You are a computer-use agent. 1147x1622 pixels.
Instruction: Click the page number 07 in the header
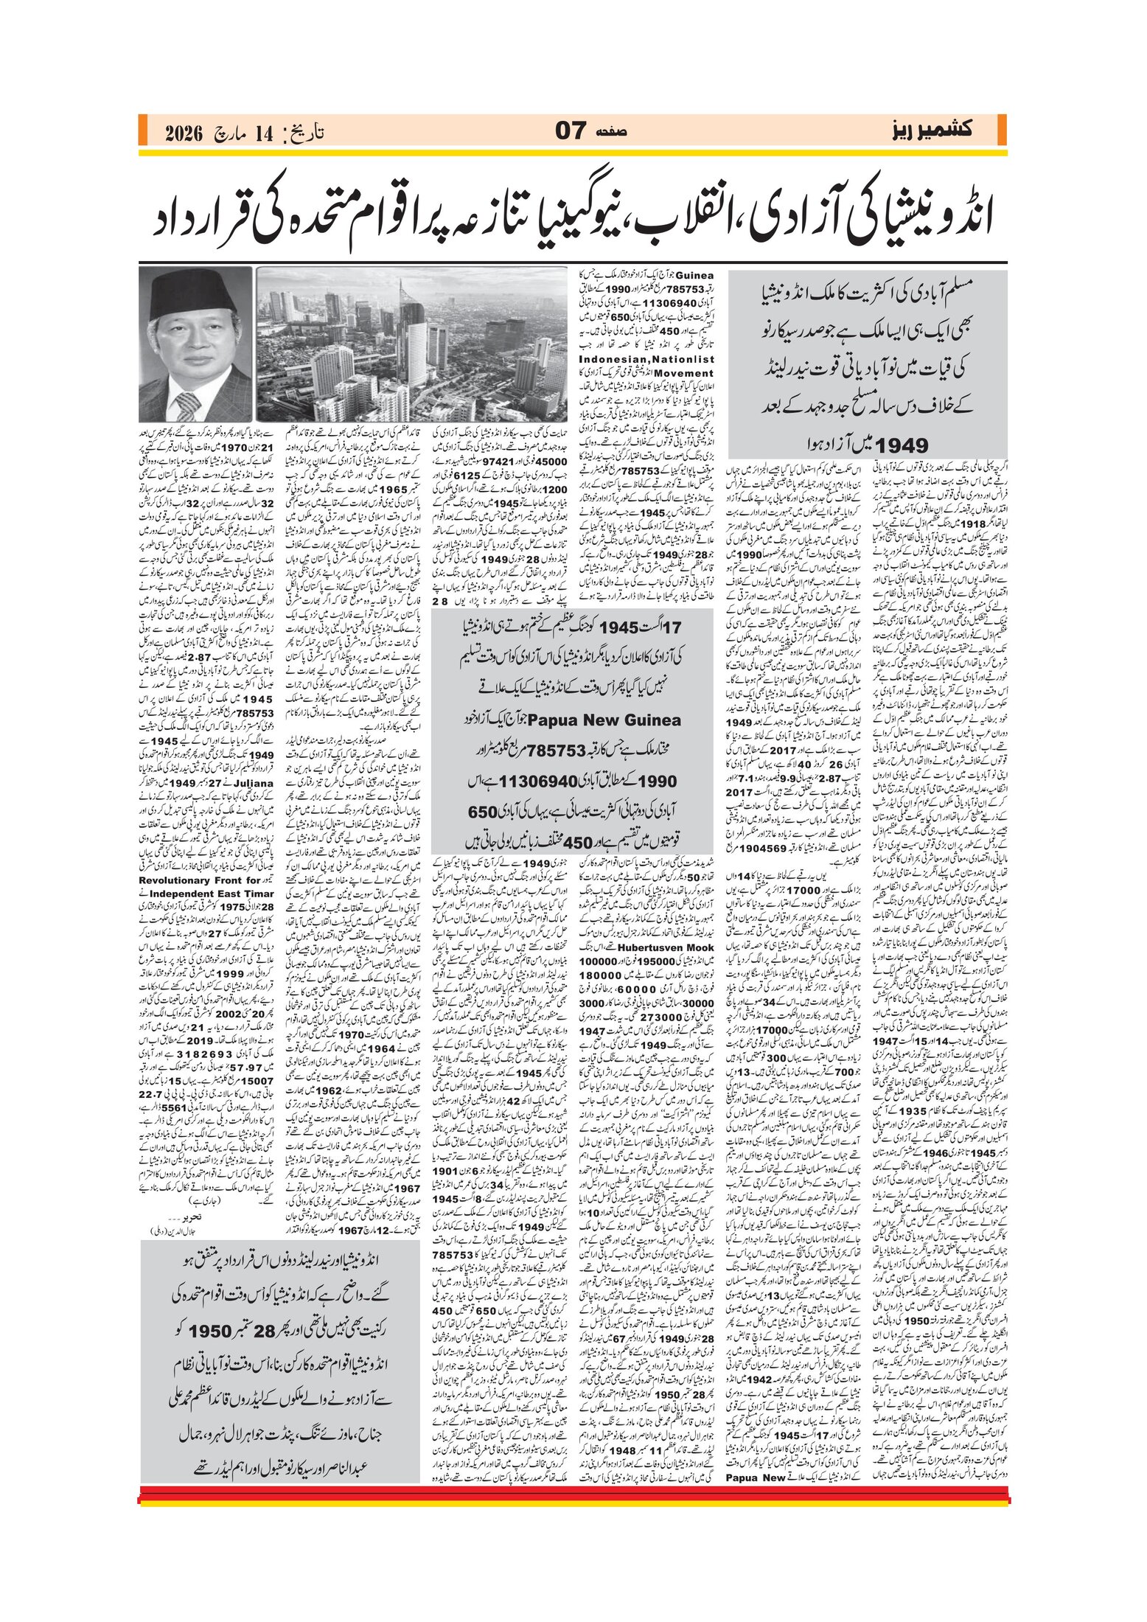[x=571, y=131]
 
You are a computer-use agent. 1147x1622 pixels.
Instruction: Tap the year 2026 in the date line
[x=184, y=133]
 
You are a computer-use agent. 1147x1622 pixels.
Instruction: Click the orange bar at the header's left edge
[x=142, y=130]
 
